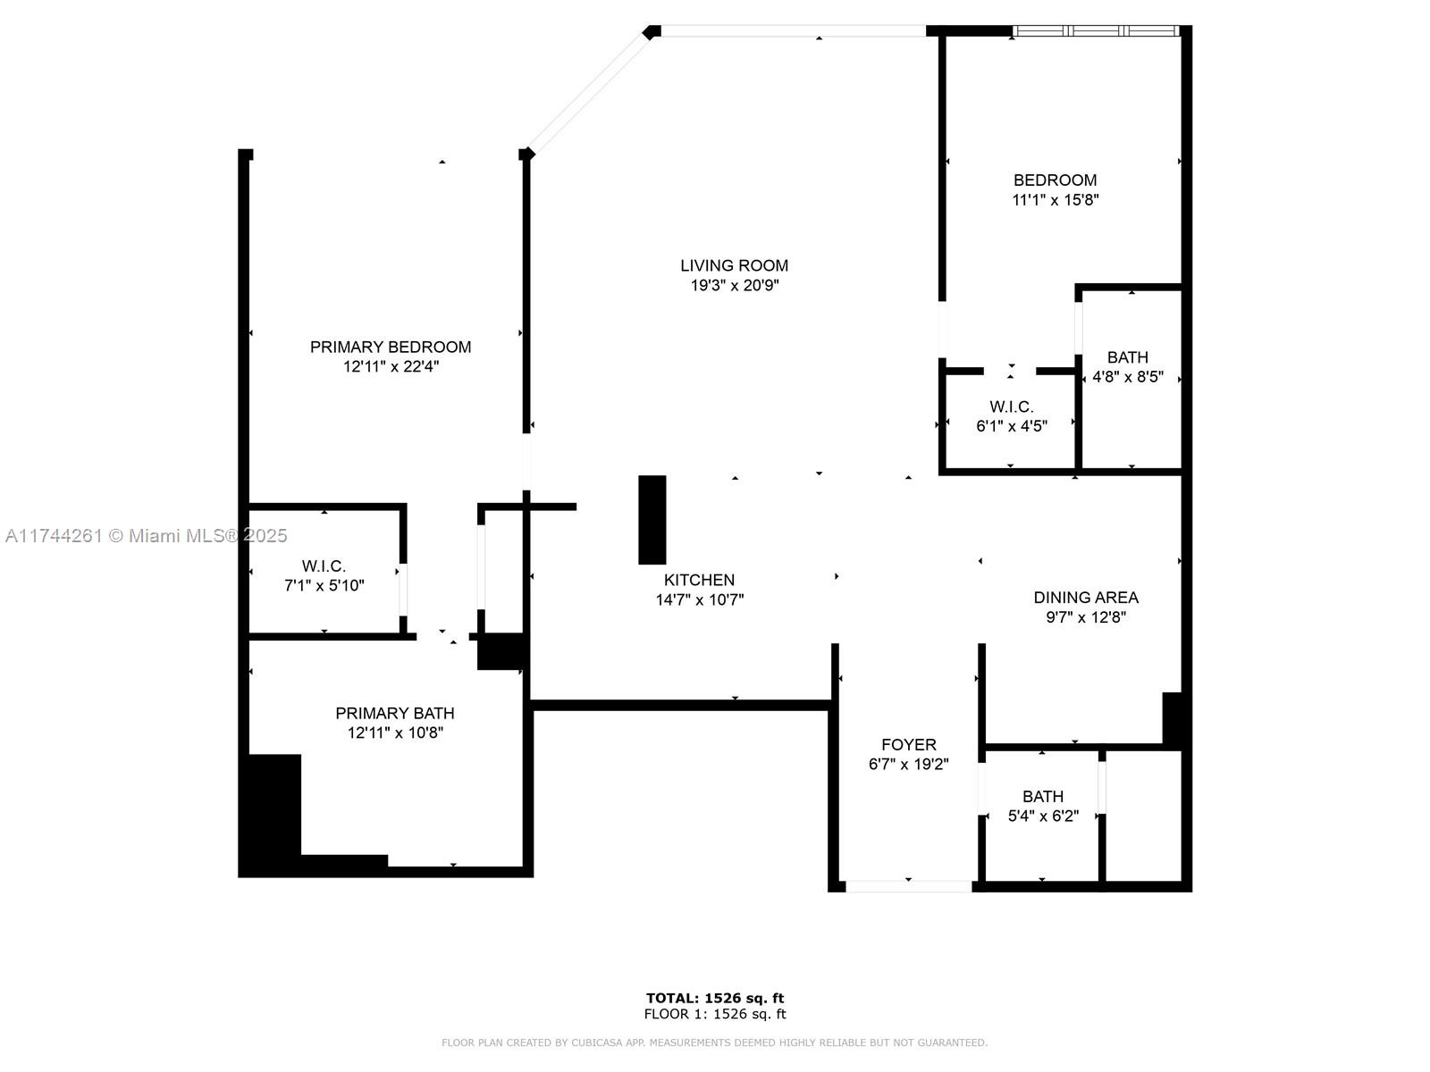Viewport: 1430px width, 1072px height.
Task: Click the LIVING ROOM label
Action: tap(735, 265)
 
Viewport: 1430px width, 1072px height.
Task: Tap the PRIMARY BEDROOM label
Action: tap(391, 347)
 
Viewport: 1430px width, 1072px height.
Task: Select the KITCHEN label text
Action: tap(699, 580)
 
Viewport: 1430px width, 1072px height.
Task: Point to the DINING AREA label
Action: tap(1086, 598)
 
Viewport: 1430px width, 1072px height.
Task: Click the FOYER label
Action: tap(909, 745)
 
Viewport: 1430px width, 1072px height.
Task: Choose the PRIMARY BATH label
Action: tap(395, 714)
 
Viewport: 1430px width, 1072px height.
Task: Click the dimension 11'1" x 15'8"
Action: tap(1056, 200)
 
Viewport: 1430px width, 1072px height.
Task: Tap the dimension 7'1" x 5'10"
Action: tap(324, 586)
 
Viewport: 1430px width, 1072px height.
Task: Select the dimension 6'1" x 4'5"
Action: tap(1012, 426)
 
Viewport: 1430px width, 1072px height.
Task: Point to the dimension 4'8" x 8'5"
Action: tap(1128, 377)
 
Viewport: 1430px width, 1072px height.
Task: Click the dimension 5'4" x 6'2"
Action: tap(1043, 817)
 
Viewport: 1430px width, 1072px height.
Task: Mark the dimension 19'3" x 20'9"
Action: tap(735, 285)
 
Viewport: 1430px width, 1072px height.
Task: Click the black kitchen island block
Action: tap(652, 520)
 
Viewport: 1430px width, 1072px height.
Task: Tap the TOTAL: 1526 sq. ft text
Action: tap(715, 998)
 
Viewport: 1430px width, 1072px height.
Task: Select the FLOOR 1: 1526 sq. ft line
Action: tap(715, 1014)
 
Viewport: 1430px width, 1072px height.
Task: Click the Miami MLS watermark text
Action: tap(146, 536)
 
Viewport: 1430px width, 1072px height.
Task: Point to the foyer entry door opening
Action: tap(909, 886)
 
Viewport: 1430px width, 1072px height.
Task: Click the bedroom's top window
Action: tap(1096, 30)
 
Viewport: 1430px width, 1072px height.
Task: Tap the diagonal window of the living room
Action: tap(589, 92)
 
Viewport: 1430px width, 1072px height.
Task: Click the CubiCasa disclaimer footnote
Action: tap(715, 1043)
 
